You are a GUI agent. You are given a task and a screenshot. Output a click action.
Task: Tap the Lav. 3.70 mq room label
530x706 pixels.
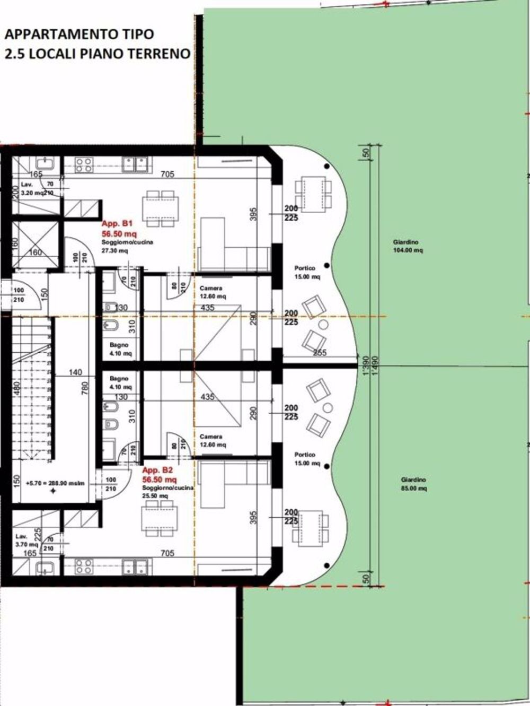[25, 540]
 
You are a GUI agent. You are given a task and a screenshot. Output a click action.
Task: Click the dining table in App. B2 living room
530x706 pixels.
[160, 519]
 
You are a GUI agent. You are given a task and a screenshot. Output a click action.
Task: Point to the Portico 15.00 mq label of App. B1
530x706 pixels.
[307, 273]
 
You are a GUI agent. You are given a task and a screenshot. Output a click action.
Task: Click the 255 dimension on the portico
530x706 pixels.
[319, 353]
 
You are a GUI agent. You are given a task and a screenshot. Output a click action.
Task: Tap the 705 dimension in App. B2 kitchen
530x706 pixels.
[167, 553]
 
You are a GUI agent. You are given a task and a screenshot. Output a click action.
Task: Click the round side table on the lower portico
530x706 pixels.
[327, 408]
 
